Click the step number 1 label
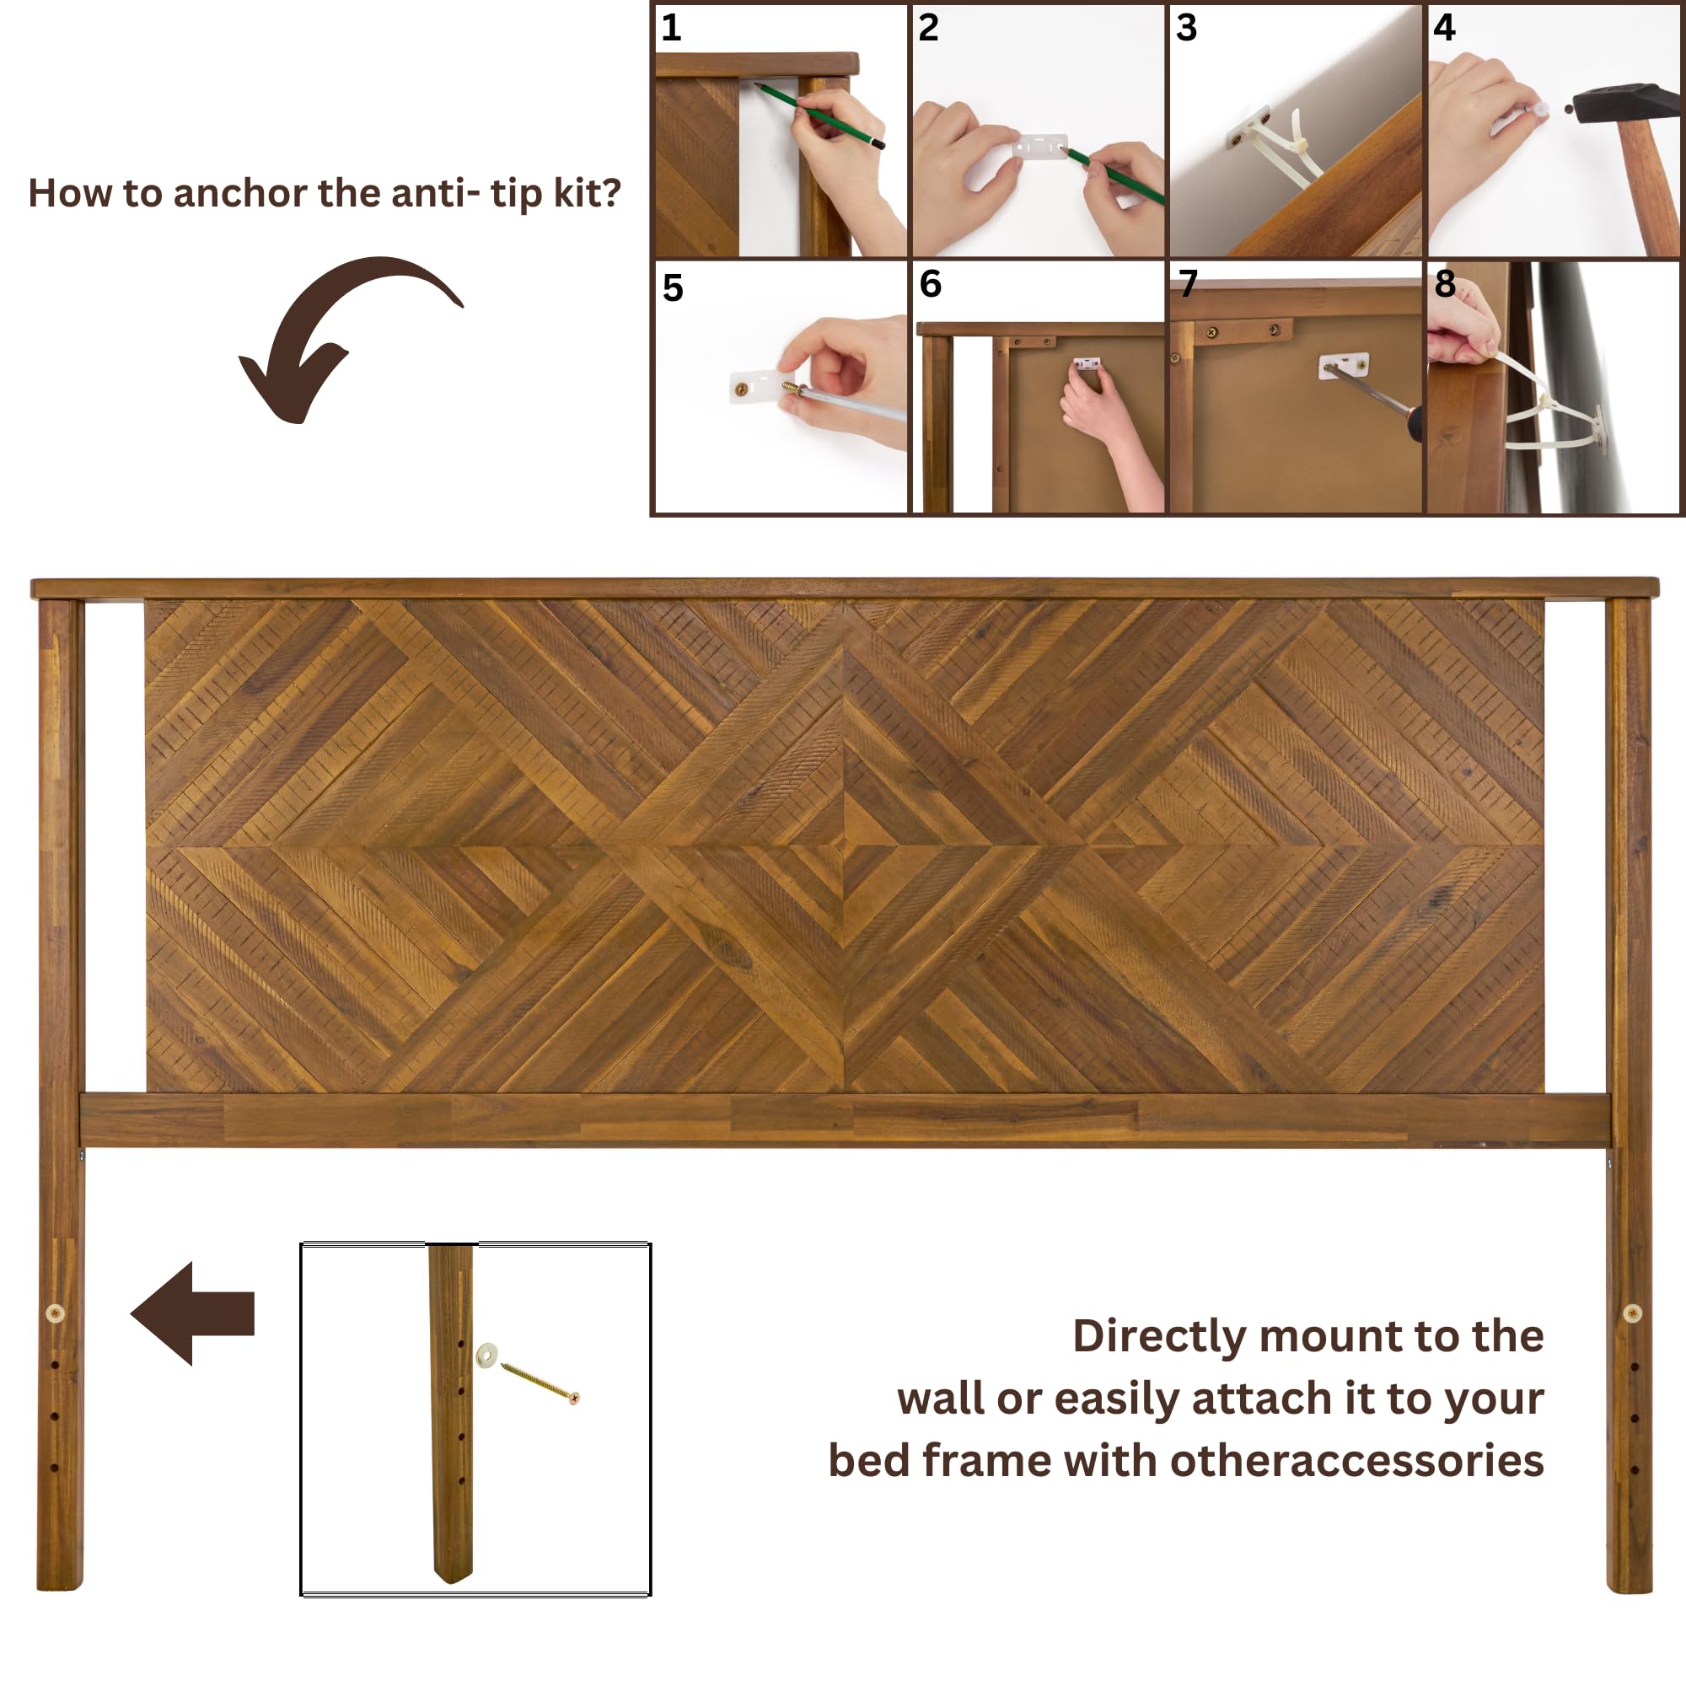pyautogui.click(x=670, y=28)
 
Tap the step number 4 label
pyautogui.click(x=1443, y=28)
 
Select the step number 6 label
pyautogui.click(x=931, y=283)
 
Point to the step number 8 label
pyautogui.click(x=1444, y=283)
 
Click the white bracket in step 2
pyautogui.click(x=1039, y=146)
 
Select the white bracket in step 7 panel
pyautogui.click(x=1343, y=364)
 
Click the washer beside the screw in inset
pyautogui.click(x=486, y=1355)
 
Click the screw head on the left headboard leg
pyautogui.click(x=54, y=1313)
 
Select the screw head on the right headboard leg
pyautogui.click(x=1632, y=1313)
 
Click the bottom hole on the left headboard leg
pyautogui.click(x=54, y=1468)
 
